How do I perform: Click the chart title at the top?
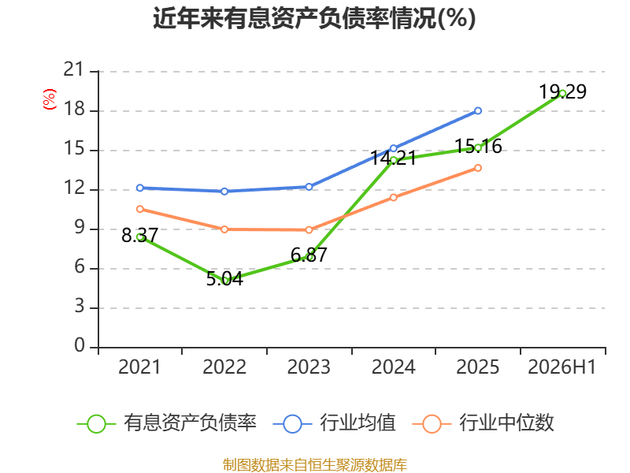(314, 18)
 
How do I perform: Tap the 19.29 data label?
(562, 91)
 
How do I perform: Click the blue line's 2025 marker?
(478, 110)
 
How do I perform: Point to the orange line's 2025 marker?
(478, 168)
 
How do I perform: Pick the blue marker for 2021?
(140, 188)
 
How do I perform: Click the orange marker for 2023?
(309, 230)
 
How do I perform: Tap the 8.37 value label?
(139, 235)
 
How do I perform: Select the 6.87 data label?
(309, 255)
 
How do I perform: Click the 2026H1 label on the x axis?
(561, 367)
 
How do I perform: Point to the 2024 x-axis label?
(393, 367)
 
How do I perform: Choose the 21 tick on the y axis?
(73, 69)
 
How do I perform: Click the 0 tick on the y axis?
(80, 345)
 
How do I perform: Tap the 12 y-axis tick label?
(73, 188)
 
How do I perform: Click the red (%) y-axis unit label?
(50, 99)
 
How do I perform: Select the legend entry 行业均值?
(334, 423)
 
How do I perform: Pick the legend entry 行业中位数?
(484, 423)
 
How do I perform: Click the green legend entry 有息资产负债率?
(166, 423)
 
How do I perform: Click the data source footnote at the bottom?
(314, 465)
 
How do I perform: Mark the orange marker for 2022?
(224, 229)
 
